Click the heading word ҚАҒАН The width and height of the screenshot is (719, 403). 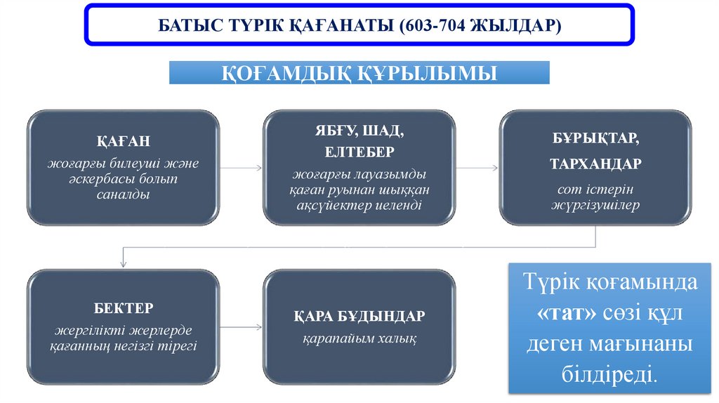coord(123,140)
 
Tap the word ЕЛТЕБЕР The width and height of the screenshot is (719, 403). coord(359,152)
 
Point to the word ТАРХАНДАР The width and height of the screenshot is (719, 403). coord(595,164)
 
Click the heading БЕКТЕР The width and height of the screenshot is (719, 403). coord(123,308)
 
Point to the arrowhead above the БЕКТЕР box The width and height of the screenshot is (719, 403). coord(124,263)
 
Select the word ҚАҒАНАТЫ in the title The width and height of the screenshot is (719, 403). coord(336,26)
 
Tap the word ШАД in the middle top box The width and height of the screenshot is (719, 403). coord(387,131)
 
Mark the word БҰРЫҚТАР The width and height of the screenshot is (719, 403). coord(595,138)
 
